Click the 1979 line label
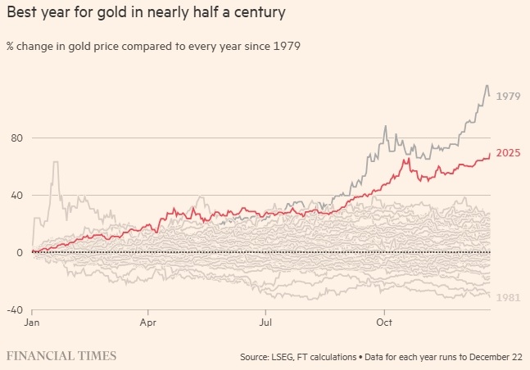[509, 96]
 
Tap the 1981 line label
[509, 298]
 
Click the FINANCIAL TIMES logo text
[61, 355]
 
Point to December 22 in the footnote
[491, 356]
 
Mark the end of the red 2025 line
[490, 154]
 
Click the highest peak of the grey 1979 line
[487, 85]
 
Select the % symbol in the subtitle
[10, 46]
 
